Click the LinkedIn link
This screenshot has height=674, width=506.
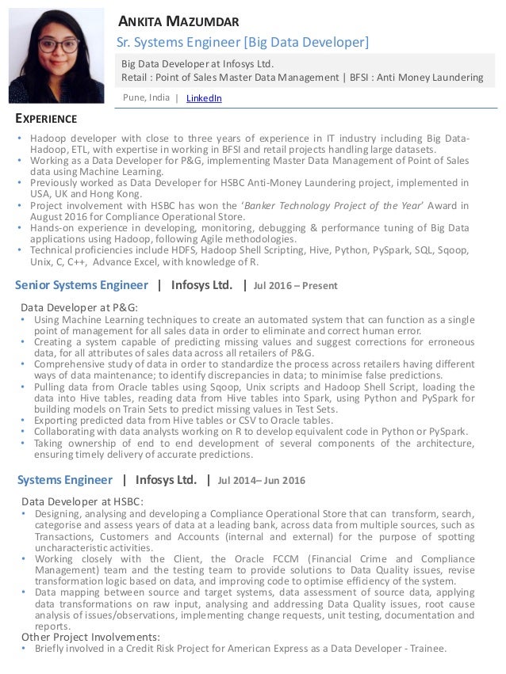point(204,98)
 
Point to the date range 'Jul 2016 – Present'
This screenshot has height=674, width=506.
point(295,286)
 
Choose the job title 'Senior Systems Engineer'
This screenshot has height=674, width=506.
point(82,285)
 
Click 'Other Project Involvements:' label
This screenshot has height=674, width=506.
point(90,636)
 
